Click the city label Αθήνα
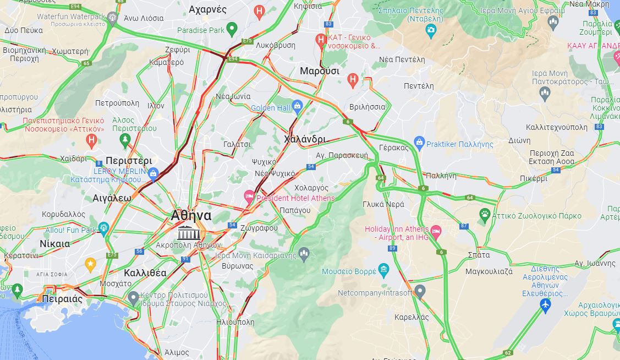click(x=191, y=215)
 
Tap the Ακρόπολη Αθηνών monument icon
click(x=188, y=232)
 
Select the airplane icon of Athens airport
click(x=545, y=304)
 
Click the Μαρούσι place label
click(x=319, y=71)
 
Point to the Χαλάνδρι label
click(x=305, y=139)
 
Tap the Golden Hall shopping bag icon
click(x=298, y=106)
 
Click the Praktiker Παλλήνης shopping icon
click(x=419, y=144)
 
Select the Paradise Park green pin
click(x=232, y=29)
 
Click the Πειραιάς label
click(x=62, y=299)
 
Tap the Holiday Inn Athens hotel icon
click(x=436, y=231)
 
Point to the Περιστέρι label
click(x=129, y=161)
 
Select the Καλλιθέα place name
click(x=145, y=273)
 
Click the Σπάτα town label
click(x=478, y=255)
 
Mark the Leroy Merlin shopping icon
click(x=153, y=174)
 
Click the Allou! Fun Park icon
click(x=103, y=228)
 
